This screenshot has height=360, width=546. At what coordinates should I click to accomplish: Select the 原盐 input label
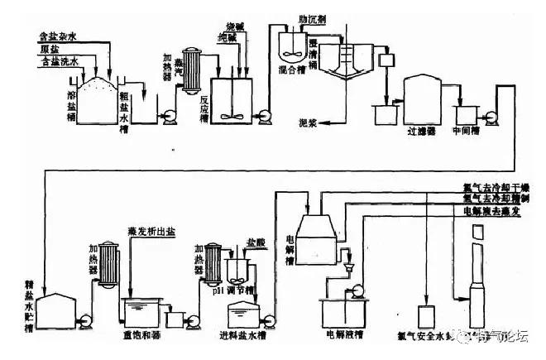49,50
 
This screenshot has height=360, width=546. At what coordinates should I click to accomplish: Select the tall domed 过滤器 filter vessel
422,99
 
